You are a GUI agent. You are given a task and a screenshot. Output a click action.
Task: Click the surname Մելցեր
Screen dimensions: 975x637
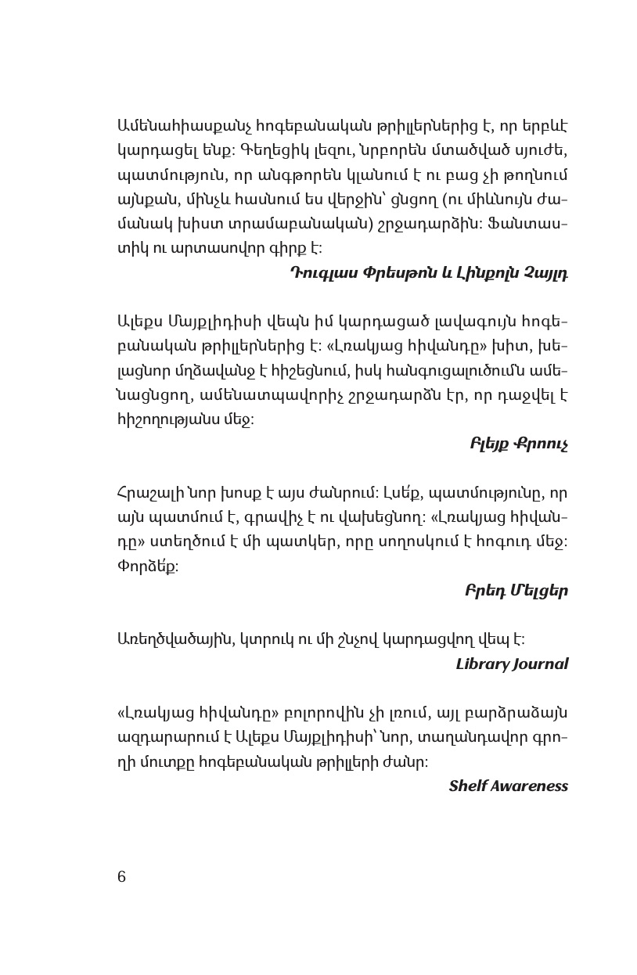click(538, 591)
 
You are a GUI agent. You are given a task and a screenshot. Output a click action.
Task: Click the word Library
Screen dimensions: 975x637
click(484, 664)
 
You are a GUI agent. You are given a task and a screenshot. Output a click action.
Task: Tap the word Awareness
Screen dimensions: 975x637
click(529, 786)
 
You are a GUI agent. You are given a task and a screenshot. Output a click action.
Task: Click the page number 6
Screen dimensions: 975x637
click(121, 876)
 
